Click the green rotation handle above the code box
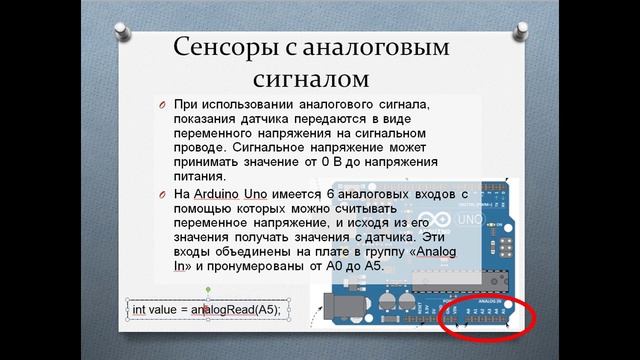click(207, 289)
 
